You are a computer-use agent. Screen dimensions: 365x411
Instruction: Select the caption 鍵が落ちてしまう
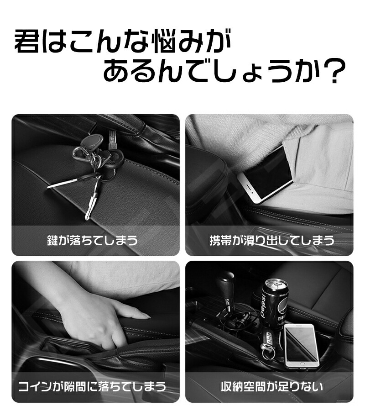tap(93, 240)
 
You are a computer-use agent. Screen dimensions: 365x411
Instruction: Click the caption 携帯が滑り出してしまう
tap(272, 240)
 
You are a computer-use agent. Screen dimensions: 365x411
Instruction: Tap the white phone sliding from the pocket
tap(265, 174)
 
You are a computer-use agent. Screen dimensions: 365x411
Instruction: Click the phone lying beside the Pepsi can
tap(302, 346)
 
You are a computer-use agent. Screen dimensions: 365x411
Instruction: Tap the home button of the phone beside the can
tap(302, 364)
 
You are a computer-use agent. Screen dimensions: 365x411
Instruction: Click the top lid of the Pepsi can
tap(276, 284)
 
